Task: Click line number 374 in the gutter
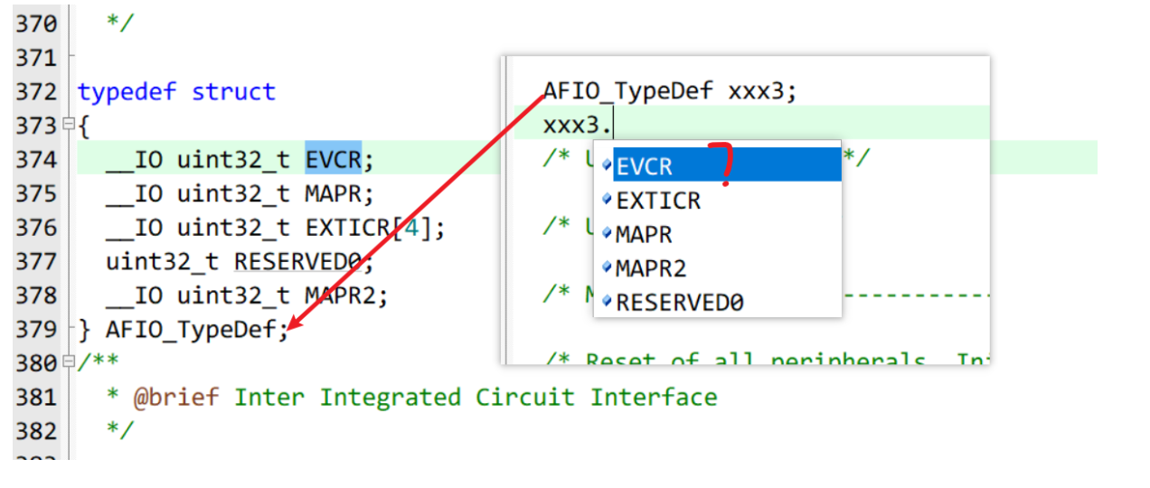click(x=35, y=160)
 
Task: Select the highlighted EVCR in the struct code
click(x=333, y=160)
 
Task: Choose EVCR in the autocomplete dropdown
click(x=644, y=166)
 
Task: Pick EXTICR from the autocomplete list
click(x=657, y=201)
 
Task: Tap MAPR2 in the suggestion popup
click(x=650, y=268)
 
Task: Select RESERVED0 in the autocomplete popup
click(x=679, y=303)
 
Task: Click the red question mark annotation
click(x=722, y=163)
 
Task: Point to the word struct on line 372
click(x=233, y=92)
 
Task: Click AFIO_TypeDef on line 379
click(x=191, y=330)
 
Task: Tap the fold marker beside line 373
click(x=68, y=126)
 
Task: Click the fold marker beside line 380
click(x=68, y=362)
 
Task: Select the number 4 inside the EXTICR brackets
click(x=412, y=228)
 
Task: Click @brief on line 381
click(x=176, y=398)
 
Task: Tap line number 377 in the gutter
click(x=35, y=262)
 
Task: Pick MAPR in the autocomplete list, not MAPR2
click(x=643, y=235)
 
